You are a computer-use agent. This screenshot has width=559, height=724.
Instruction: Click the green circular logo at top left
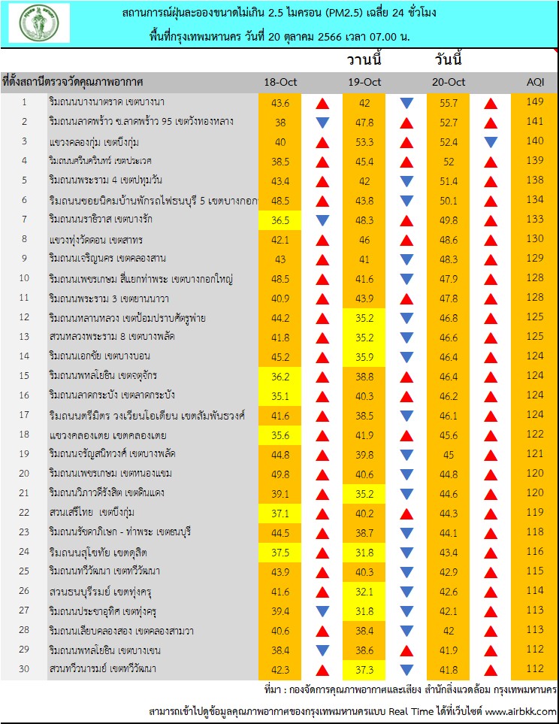tap(39, 23)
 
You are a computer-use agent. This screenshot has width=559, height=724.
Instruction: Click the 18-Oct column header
tap(280, 82)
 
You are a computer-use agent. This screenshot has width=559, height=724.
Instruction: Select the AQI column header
tap(535, 82)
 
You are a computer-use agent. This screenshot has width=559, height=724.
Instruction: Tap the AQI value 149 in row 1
tap(535, 101)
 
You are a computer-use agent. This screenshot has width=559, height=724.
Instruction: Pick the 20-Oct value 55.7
tap(449, 103)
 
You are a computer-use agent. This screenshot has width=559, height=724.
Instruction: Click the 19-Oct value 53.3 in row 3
tap(364, 142)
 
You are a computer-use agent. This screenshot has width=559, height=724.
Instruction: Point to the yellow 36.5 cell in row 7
tap(280, 220)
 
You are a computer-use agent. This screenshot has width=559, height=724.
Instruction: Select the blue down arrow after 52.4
tap(491, 142)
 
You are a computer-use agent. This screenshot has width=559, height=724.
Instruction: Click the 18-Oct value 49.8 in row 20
tap(280, 474)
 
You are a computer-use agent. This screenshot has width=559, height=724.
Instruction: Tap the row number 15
tap(24, 376)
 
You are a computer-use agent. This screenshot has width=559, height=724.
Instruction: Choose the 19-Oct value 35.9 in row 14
tap(364, 357)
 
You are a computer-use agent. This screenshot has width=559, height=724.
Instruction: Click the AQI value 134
tap(535, 199)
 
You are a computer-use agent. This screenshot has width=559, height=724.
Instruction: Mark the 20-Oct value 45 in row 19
tap(449, 455)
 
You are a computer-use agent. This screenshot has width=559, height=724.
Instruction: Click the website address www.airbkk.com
tap(521, 711)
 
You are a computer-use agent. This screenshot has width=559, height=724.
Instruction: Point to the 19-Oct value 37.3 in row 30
tap(364, 670)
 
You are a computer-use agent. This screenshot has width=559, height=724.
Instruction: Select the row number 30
tap(24, 668)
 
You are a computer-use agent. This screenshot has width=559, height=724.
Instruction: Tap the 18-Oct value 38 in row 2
tap(280, 123)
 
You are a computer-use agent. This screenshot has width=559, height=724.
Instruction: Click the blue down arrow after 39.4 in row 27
tap(322, 611)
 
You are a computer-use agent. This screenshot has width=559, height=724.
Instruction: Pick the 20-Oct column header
tap(449, 82)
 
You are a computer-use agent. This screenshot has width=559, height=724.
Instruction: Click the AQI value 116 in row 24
tap(535, 551)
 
